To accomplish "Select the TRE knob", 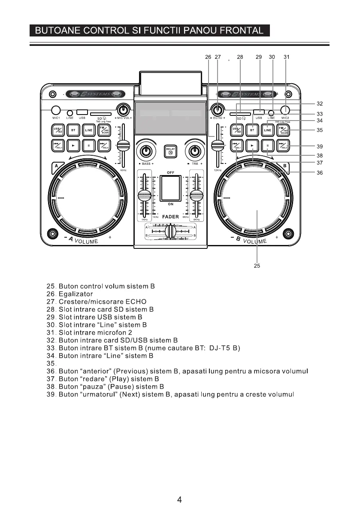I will tap(195, 151).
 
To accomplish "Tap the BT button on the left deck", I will tap(73, 130).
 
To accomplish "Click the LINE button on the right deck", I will tap(267, 130).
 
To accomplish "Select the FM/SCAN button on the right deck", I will tap(283, 130).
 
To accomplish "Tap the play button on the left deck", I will tap(73, 146).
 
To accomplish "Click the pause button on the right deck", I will tap(267, 146).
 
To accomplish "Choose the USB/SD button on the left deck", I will tap(57, 130).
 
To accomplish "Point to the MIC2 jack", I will tap(285, 109).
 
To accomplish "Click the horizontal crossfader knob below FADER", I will tap(171, 231).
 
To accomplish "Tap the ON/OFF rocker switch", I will tap(171, 187).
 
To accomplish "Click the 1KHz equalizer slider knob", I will tap(144, 196).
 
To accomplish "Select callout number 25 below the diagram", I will tap(257, 266).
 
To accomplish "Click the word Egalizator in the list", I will tap(76, 294).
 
